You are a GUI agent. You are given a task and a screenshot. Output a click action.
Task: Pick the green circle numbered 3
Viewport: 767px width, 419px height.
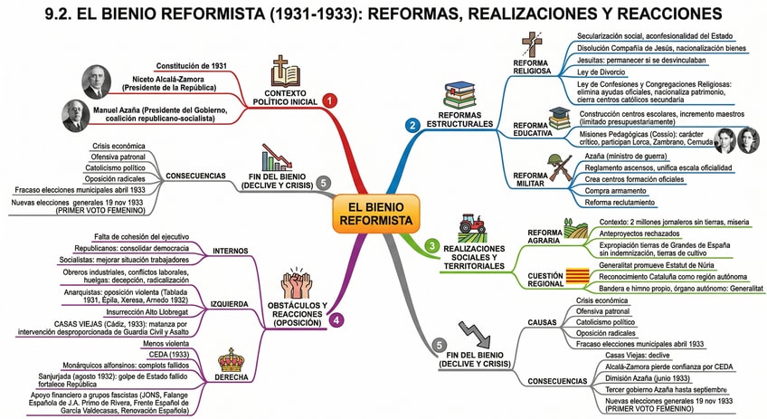tap(431, 244)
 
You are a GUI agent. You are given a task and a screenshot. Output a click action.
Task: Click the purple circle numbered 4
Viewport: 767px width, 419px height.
tap(337, 319)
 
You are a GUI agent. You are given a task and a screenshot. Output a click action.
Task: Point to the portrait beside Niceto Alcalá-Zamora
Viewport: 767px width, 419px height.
tap(97, 81)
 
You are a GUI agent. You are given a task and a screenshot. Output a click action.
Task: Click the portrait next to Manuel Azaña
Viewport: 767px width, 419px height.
tap(76, 116)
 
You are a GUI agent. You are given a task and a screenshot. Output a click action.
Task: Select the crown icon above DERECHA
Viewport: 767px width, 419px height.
tap(232, 361)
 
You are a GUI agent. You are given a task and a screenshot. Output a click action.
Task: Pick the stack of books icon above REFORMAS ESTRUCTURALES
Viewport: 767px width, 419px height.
tap(460, 93)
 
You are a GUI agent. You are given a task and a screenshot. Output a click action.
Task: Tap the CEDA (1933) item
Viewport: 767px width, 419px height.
tap(164, 355)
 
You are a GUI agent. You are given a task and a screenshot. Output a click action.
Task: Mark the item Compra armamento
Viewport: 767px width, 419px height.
tap(609, 190)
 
